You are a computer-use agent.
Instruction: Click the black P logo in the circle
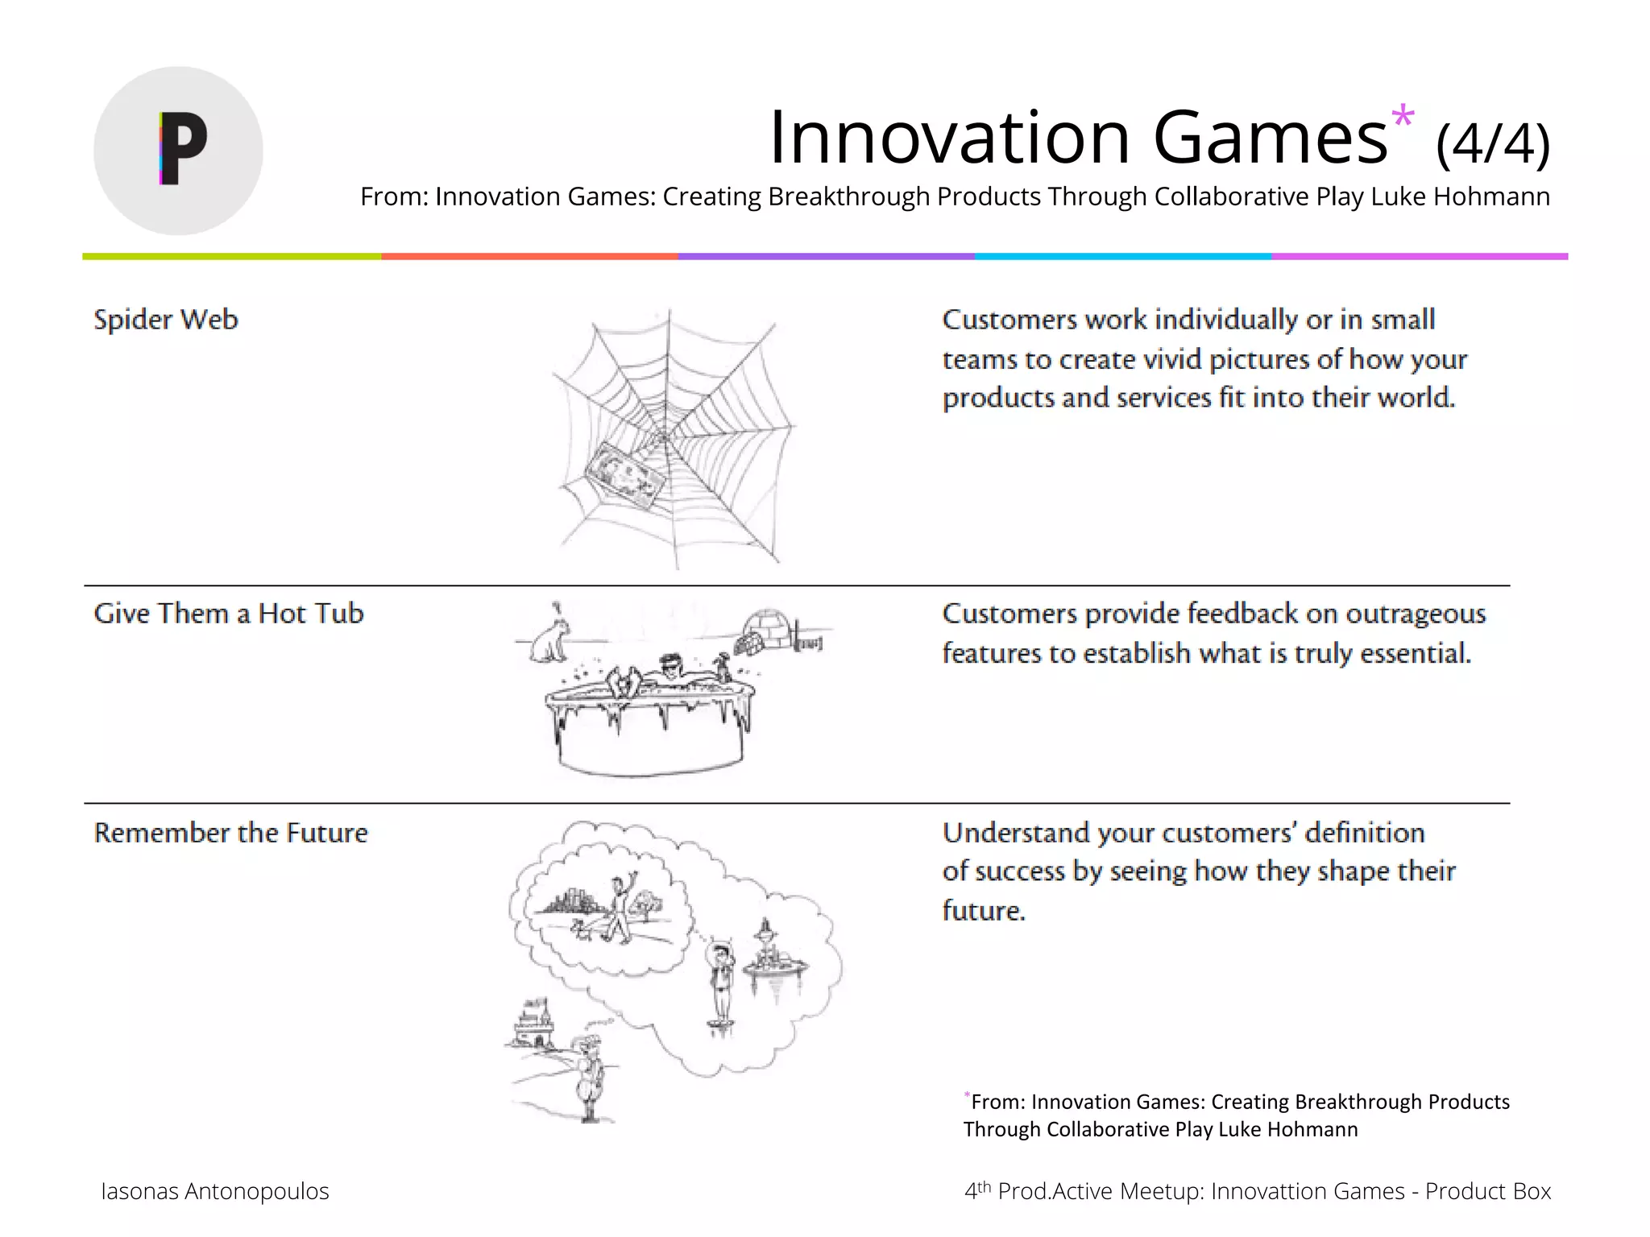pyautogui.click(x=183, y=149)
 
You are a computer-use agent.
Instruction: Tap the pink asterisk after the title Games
pyautogui.click(x=1403, y=118)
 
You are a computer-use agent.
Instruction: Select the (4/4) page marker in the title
pyautogui.click(x=1492, y=145)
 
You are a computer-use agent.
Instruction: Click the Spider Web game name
pyautogui.click(x=166, y=320)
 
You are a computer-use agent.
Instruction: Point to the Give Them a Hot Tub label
pyautogui.click(x=229, y=614)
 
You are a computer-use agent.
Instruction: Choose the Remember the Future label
pyautogui.click(x=230, y=833)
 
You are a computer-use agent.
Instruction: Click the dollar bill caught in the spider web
pyautogui.click(x=624, y=476)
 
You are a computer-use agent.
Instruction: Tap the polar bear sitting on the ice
pyautogui.click(x=550, y=636)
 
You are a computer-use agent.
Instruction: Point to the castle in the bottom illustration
pyautogui.click(x=533, y=1024)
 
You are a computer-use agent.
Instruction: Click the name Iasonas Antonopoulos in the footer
pyautogui.click(x=215, y=1191)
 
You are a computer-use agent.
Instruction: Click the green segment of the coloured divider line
pyautogui.click(x=232, y=256)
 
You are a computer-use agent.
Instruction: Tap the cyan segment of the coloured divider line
pyautogui.click(x=1123, y=256)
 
